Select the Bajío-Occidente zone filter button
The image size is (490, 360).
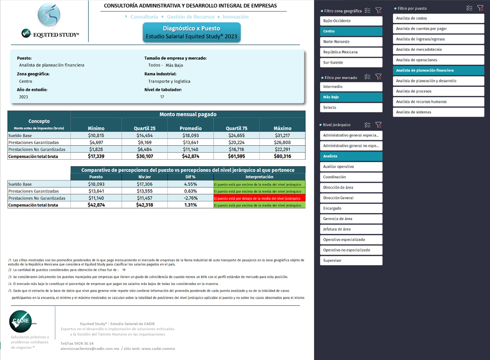(x=351, y=21)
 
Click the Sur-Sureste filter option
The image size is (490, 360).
(x=351, y=62)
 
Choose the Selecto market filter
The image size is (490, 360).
(x=351, y=107)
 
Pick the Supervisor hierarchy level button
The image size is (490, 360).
(x=351, y=260)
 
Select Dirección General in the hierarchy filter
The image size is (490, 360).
(x=351, y=198)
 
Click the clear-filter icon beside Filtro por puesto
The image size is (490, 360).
(x=480, y=8)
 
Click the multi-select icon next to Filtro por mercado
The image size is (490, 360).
(x=367, y=77)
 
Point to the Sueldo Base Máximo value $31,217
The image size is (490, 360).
(x=282, y=135)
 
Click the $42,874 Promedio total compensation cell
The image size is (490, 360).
(x=190, y=156)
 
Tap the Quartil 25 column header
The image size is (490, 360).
(x=145, y=128)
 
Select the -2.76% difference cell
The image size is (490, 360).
(x=190, y=198)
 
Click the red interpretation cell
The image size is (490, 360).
(x=259, y=198)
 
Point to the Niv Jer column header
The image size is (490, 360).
(x=145, y=177)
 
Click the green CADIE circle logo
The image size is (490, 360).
(x=20, y=321)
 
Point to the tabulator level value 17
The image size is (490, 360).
(x=162, y=97)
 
